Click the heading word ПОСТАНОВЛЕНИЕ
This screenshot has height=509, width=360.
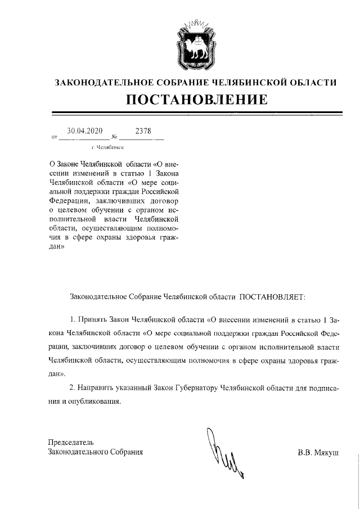pyautogui.click(x=196, y=100)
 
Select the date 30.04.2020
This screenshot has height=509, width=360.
pyautogui.click(x=84, y=132)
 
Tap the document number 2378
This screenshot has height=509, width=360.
pyautogui.click(x=143, y=132)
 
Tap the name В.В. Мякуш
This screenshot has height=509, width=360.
pyautogui.click(x=318, y=452)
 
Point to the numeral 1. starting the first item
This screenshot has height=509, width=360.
pyautogui.click(x=72, y=319)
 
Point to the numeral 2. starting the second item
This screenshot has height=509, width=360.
pyautogui.click(x=72, y=388)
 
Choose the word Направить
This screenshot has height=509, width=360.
pyautogui.click(x=94, y=388)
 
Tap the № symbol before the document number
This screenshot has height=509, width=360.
pyautogui.click(x=114, y=137)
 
